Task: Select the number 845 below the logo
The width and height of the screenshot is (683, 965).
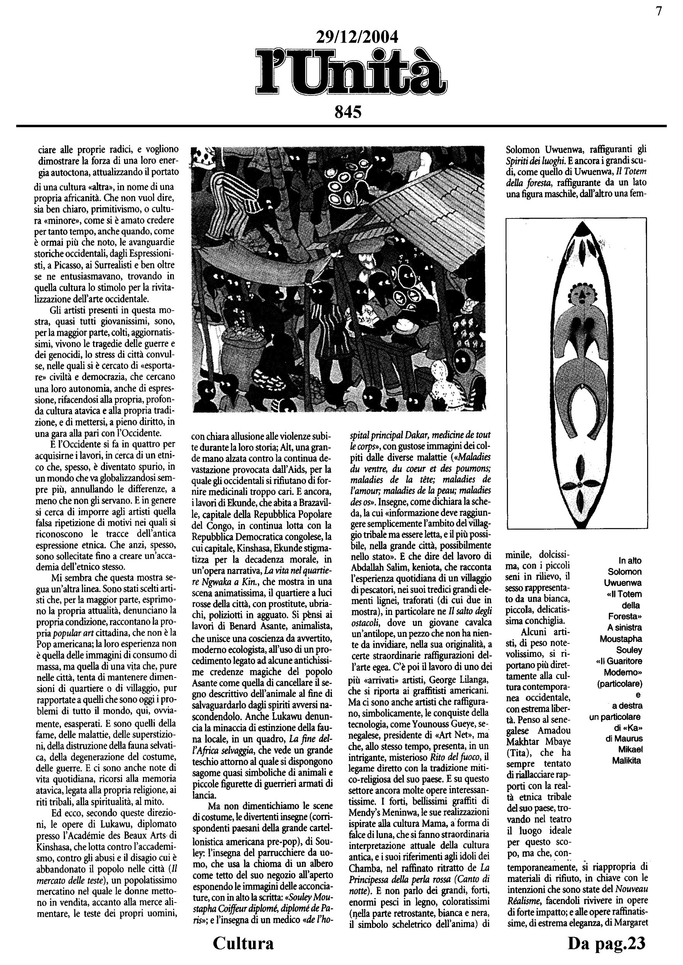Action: pos(348,112)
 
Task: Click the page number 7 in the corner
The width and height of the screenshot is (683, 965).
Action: pos(659,11)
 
